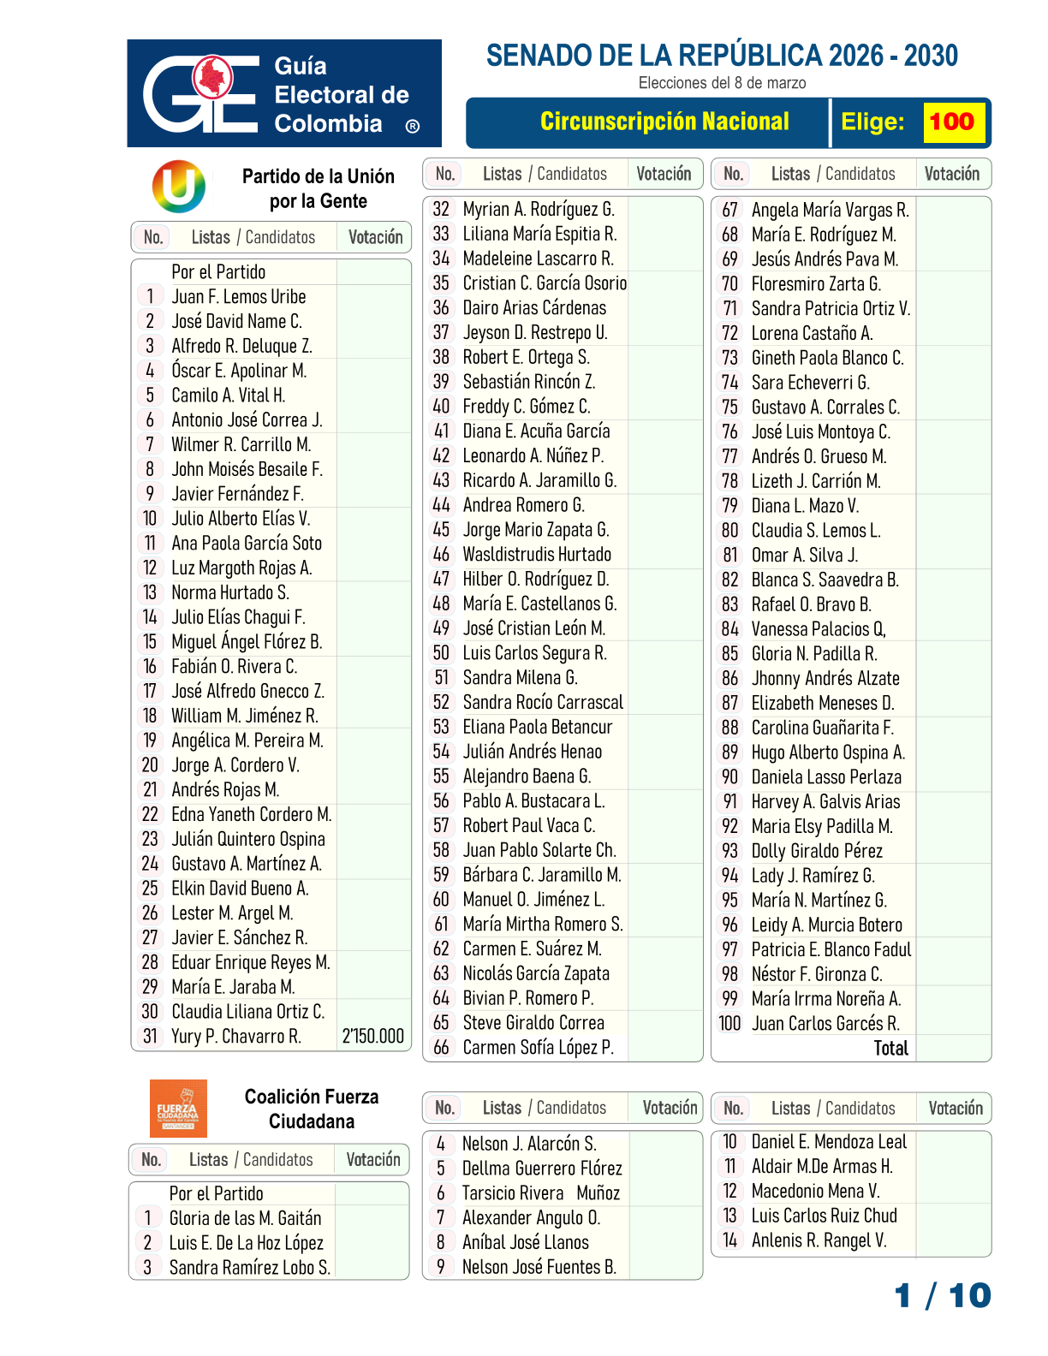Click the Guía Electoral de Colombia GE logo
(x=201, y=93)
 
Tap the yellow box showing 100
(x=952, y=122)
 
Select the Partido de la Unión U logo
(x=179, y=187)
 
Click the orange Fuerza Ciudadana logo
(x=178, y=1109)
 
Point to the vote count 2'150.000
(x=373, y=1037)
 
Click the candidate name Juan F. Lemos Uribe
(x=239, y=297)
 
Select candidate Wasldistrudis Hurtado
(x=537, y=555)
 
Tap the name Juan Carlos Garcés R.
(x=825, y=1024)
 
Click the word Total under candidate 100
(x=890, y=1049)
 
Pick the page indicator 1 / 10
(x=943, y=1296)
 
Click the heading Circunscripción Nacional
(x=664, y=122)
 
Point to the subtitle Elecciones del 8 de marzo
(x=722, y=83)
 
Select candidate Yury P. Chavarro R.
(x=236, y=1037)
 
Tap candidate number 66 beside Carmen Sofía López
(x=441, y=1048)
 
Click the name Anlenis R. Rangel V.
(x=819, y=1240)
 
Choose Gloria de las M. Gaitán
(x=245, y=1218)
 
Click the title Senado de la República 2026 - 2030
(x=722, y=56)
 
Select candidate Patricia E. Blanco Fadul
(x=831, y=949)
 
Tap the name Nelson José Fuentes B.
(x=539, y=1267)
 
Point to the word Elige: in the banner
(x=872, y=122)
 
